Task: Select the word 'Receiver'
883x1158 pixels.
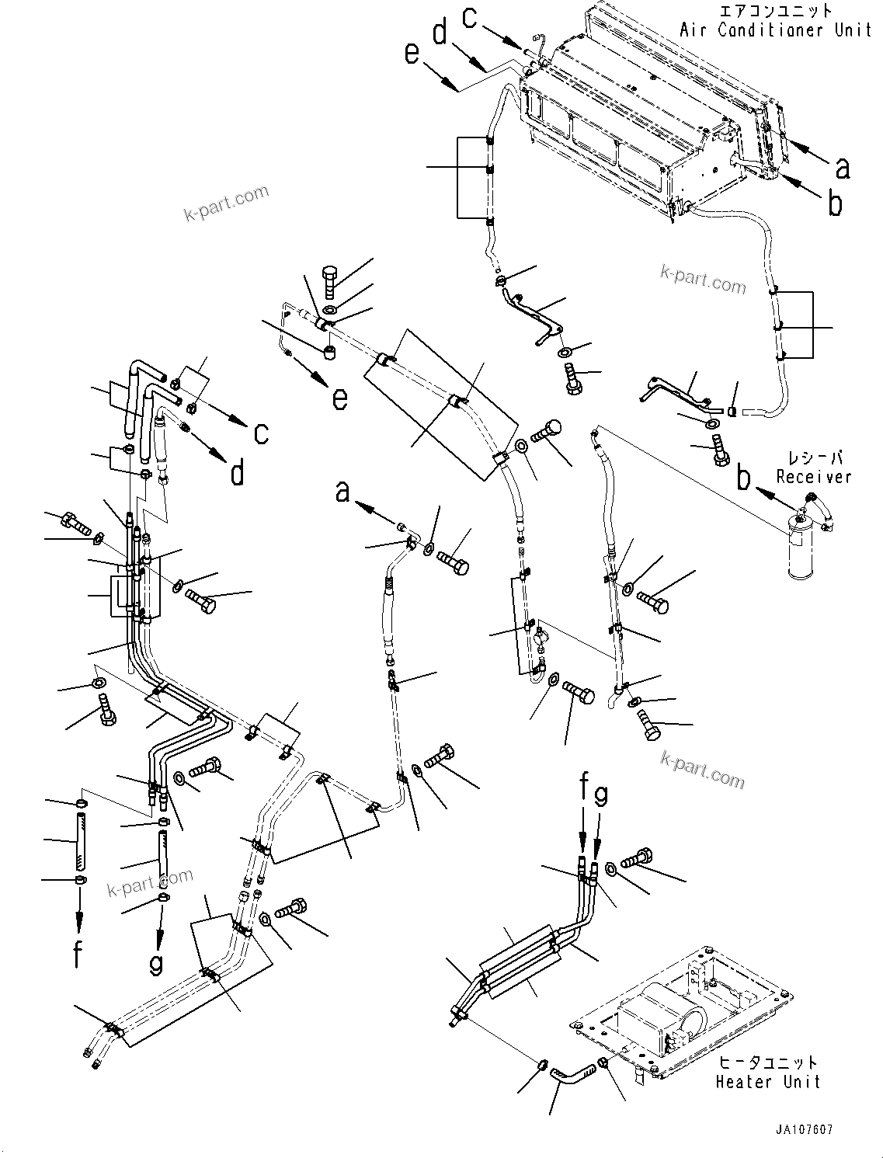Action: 813,477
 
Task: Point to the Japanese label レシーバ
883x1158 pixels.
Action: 815,458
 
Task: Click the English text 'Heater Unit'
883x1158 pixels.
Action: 767,1081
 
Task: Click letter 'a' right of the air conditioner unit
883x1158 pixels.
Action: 842,167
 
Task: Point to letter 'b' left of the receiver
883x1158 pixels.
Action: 744,479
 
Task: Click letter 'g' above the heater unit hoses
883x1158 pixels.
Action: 600,795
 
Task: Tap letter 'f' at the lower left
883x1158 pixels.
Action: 78,952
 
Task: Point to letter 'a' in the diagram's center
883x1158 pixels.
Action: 342,492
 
